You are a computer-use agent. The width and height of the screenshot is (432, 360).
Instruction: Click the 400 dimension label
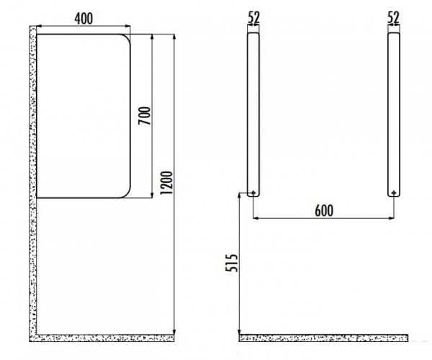click(x=84, y=19)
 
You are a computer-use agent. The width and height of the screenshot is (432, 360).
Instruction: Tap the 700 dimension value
click(x=145, y=116)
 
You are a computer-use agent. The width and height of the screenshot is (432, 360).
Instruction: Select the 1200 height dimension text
click(x=167, y=183)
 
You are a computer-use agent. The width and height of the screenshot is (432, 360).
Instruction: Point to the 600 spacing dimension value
click(x=324, y=211)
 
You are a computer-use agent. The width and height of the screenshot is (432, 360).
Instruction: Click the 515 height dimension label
click(x=232, y=263)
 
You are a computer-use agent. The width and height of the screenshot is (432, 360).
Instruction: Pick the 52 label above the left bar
click(x=253, y=17)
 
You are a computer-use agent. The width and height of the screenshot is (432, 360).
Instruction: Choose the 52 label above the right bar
click(x=393, y=17)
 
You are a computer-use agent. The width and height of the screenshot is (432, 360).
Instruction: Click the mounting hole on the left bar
click(x=253, y=193)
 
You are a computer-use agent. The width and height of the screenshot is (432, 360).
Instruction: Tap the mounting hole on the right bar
click(x=394, y=193)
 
